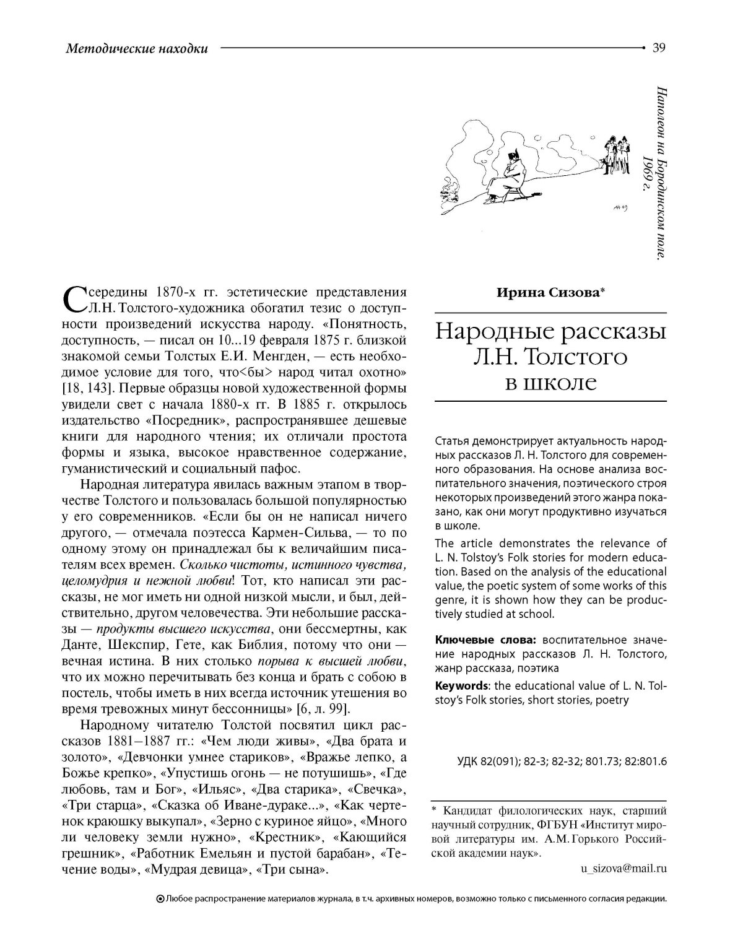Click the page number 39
click(x=659, y=48)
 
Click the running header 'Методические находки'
click(x=136, y=48)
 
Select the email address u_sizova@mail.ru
click(x=624, y=869)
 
